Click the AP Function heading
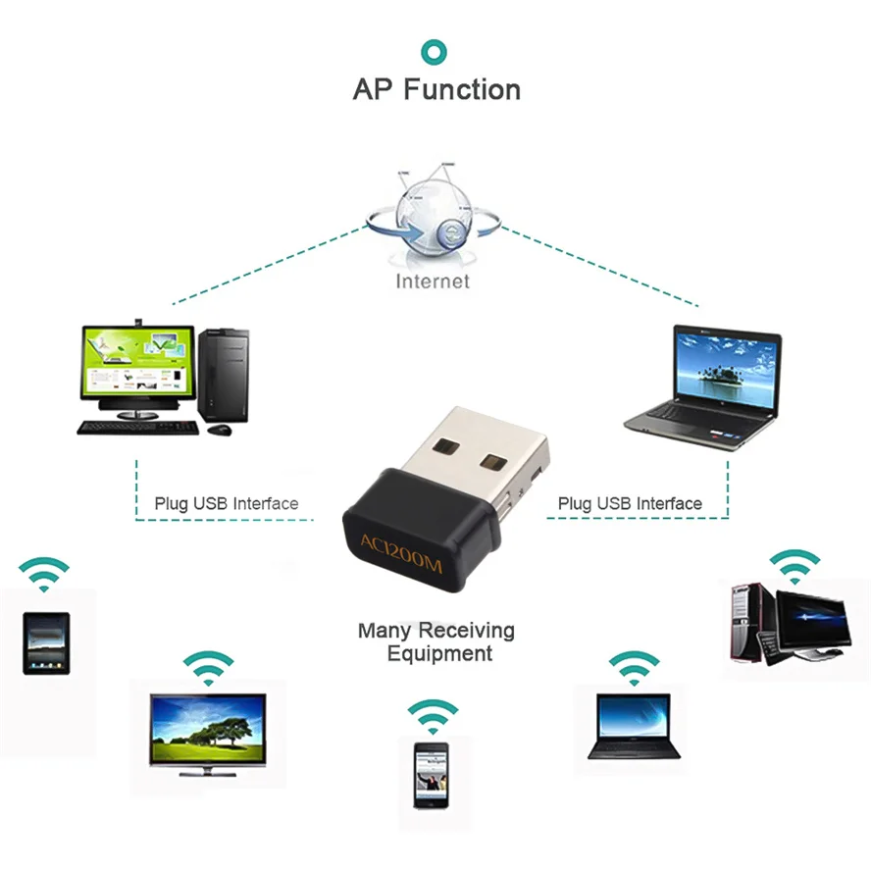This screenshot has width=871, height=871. tap(436, 90)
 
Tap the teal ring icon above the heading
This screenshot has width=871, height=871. tap(434, 51)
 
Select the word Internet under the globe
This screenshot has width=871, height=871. tap(433, 282)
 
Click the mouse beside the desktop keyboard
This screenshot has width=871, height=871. tap(223, 429)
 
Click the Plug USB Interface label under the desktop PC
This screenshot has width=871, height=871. tap(226, 504)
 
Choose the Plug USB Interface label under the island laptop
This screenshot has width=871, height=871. tap(630, 504)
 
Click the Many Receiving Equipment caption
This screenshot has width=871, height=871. tap(436, 641)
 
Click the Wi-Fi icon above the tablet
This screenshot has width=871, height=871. tap(45, 575)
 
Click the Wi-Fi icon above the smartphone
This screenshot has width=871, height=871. tap(433, 716)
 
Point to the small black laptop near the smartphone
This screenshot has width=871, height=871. tap(634, 726)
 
